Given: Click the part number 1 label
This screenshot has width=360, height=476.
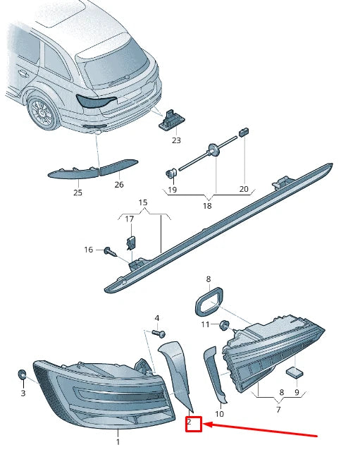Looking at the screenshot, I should pos(118,442).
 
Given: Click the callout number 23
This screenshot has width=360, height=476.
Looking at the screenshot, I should pos(176,140).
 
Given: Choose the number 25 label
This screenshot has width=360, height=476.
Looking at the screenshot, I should pos(77,193).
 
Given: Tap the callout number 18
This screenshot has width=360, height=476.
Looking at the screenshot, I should pos(207,206).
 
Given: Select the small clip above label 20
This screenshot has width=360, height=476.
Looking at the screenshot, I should pos(244,131).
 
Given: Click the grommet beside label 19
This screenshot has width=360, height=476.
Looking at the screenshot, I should pos(170,173).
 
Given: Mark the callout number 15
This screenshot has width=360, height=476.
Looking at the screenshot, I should pos(143,202).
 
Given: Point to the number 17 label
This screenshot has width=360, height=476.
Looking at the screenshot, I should pos(129,219).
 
